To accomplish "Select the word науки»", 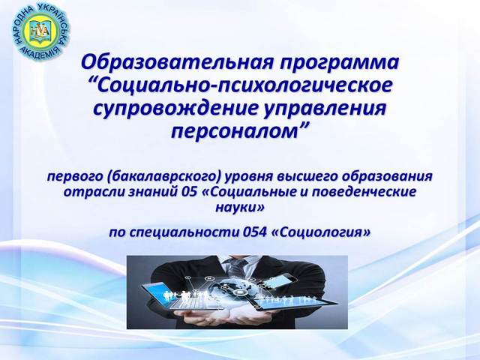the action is pyautogui.click(x=239, y=208).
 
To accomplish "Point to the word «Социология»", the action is pyautogui.click(x=321, y=232).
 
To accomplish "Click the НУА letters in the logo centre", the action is pyautogui.click(x=40, y=31).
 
